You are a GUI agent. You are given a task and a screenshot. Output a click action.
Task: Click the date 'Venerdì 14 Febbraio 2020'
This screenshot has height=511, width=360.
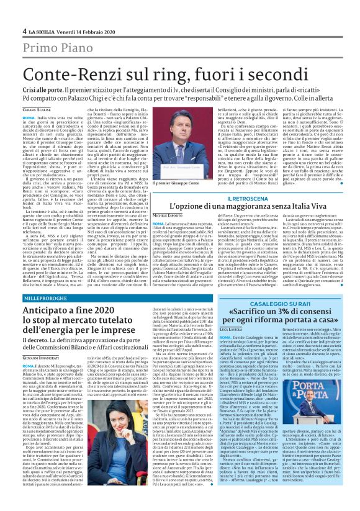pyautogui.click(x=81, y=31)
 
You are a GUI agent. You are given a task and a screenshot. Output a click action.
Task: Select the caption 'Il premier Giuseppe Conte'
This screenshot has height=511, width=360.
pyautogui.click(x=179, y=184)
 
